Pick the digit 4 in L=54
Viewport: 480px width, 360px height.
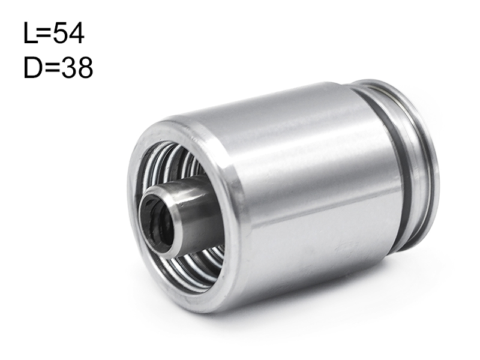[x=76, y=33]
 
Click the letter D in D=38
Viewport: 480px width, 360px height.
[x=34, y=68]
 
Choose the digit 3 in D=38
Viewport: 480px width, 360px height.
[x=68, y=68]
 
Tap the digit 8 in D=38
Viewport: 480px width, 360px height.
[x=85, y=68]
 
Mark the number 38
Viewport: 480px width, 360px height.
[x=77, y=68]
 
